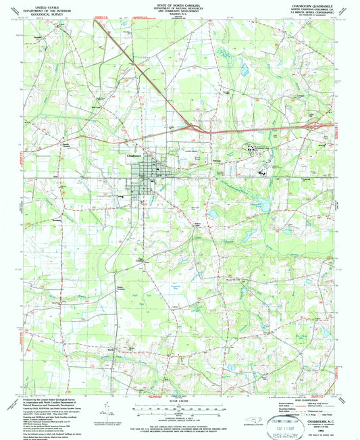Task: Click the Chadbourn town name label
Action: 136,154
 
